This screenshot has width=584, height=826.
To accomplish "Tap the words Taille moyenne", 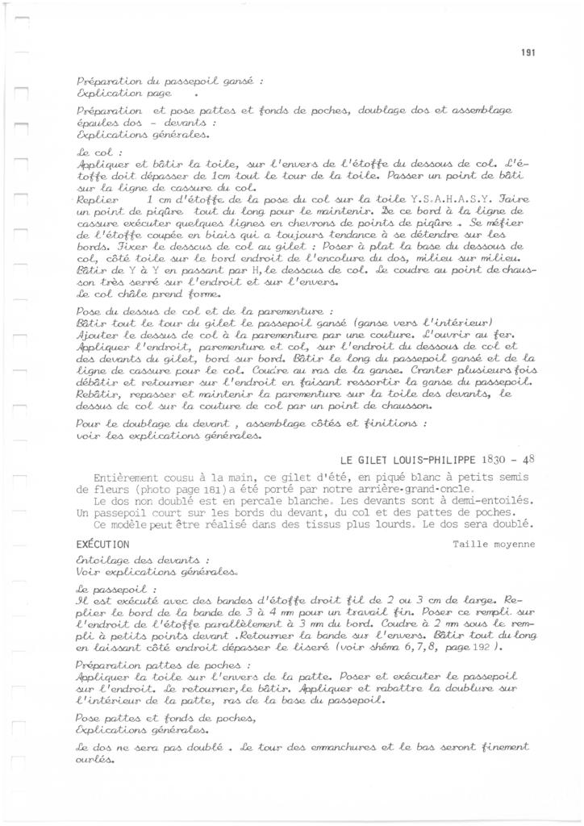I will click(494, 544).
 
